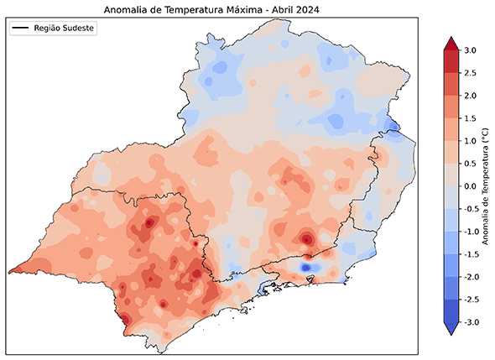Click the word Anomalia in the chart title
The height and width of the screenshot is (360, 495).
tap(128, 10)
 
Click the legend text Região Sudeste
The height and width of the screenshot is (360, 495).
tap(65, 29)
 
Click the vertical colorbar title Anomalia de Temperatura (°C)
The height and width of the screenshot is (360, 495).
tap(487, 186)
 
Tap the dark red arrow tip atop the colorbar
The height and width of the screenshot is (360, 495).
tap(449, 44)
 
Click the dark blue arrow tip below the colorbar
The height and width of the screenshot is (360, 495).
tap(449, 329)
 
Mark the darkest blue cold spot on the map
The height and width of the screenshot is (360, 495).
tap(306, 267)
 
